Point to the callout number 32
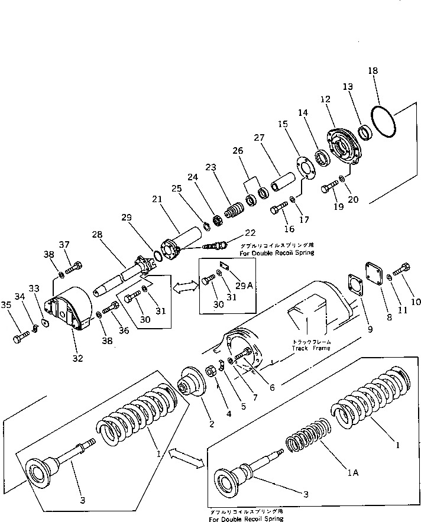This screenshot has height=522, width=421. click(x=78, y=358)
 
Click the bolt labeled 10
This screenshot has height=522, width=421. click(x=404, y=273)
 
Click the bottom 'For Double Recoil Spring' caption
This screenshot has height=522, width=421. click(x=245, y=518)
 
